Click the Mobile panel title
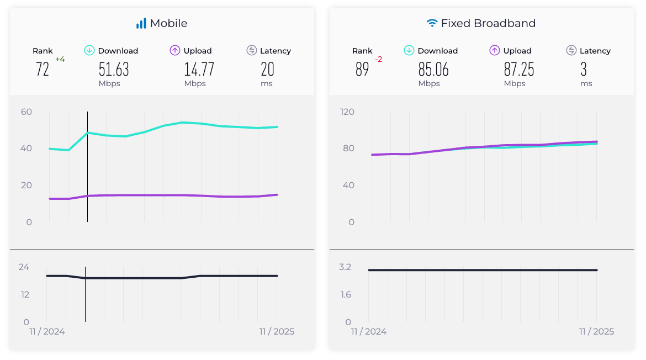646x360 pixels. tap(168, 23)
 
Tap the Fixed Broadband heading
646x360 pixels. tap(488, 23)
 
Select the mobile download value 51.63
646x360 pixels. tap(114, 69)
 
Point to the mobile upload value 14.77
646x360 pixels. tap(199, 69)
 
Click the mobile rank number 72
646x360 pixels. tap(43, 69)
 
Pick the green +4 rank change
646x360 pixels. tap(60, 59)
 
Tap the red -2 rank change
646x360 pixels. tap(379, 59)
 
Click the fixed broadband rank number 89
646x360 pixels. tap(362, 69)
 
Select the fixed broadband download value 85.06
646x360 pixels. tap(433, 69)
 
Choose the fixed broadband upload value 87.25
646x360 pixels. tap(519, 69)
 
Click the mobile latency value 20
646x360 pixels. tap(267, 69)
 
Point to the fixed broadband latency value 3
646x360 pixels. tap(584, 69)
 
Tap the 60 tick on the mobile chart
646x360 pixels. tap(26, 112)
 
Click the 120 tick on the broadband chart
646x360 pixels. tap(347, 112)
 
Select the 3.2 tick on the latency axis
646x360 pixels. tap(345, 267)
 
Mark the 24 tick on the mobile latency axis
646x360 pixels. tap(24, 267)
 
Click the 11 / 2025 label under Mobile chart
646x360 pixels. tap(277, 332)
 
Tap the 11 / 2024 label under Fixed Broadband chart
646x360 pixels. tap(369, 332)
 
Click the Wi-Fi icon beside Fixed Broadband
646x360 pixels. tap(432, 23)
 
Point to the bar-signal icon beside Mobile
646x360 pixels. tap(141, 23)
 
